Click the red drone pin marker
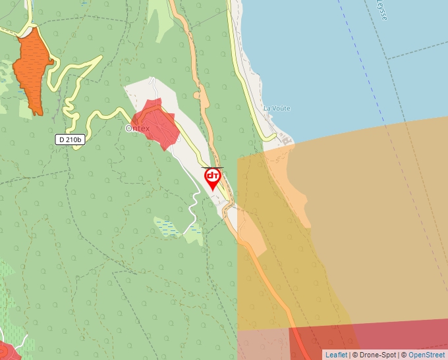(x=213, y=177)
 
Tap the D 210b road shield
(x=70, y=140)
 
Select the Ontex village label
(x=138, y=128)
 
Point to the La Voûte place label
(x=277, y=108)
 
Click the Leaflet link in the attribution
(x=336, y=355)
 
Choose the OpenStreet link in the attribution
(x=428, y=355)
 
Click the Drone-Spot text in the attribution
(x=378, y=355)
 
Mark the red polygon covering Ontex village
(x=156, y=124)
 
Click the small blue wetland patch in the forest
(x=167, y=228)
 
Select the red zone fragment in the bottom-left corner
(x=8, y=351)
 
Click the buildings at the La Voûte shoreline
(x=285, y=140)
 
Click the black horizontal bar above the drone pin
(x=212, y=168)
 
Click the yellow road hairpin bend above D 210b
(x=69, y=105)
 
